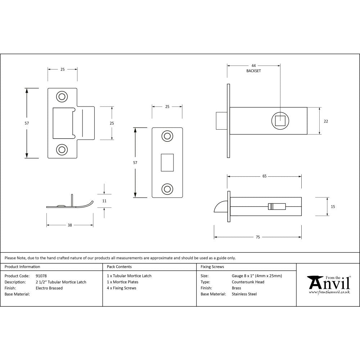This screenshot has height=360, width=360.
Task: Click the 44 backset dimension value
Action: click(x=253, y=66)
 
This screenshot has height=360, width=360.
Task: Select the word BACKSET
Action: click(x=253, y=71)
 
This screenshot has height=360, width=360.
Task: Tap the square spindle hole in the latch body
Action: click(x=280, y=121)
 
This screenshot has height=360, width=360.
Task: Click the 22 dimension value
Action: click(x=326, y=121)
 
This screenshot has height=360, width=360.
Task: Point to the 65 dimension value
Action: click(x=265, y=176)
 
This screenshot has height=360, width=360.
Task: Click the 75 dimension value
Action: click(x=258, y=237)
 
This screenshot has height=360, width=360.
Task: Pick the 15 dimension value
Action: click(x=333, y=207)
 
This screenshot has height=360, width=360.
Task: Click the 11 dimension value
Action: click(x=104, y=201)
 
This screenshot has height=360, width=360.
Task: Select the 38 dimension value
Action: click(x=70, y=225)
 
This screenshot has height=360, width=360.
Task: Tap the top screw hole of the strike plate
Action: click(x=62, y=96)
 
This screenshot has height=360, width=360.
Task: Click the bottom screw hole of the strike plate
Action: click(x=62, y=149)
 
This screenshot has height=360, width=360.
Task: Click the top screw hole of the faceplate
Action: click(x=167, y=136)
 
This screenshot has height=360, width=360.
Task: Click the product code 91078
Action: click(x=41, y=276)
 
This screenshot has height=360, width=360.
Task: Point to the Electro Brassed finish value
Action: click(x=49, y=288)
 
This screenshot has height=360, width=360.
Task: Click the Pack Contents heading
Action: click(x=119, y=267)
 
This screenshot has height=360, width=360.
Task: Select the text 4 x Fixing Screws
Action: click(x=122, y=288)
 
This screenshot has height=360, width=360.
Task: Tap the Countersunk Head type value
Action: click(x=248, y=282)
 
